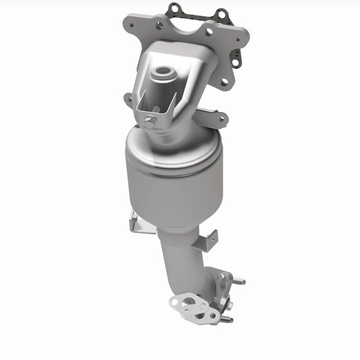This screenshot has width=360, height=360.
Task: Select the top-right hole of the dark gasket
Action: tap(219, 12)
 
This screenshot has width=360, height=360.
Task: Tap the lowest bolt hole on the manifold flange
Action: tap(224, 81)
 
